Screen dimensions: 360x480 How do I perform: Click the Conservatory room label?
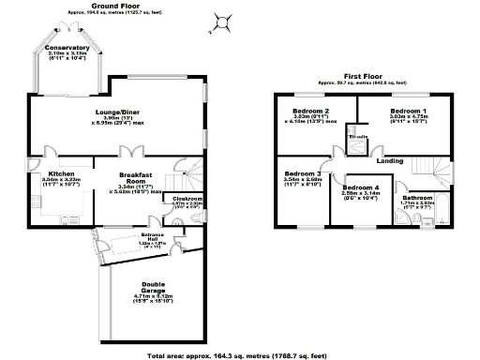tap(67, 48)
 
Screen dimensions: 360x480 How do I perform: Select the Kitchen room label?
tap(62, 173)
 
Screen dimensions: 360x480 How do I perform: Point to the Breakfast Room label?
tap(136, 175)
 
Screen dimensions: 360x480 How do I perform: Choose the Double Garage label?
tap(155, 285)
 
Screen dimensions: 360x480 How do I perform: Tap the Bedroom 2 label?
tap(309, 112)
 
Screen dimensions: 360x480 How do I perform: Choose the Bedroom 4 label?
tap(361, 188)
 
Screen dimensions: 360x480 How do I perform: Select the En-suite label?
tap(357, 138)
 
